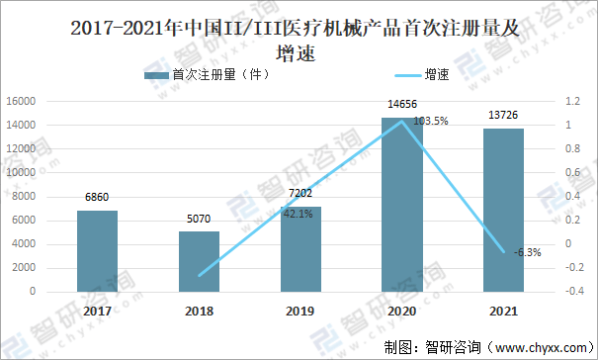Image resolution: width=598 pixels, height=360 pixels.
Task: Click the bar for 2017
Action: pyautogui.click(x=97, y=251)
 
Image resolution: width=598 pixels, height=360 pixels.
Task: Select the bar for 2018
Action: pyautogui.click(x=199, y=262)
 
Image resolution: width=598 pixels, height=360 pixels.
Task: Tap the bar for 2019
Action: pyautogui.click(x=300, y=249)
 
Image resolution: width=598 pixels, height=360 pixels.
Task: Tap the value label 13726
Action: pyautogui.click(x=503, y=117)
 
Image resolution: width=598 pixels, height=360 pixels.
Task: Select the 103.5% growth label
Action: pyautogui.click(x=430, y=122)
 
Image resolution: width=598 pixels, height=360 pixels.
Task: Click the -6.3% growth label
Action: pyautogui.click(x=528, y=252)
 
